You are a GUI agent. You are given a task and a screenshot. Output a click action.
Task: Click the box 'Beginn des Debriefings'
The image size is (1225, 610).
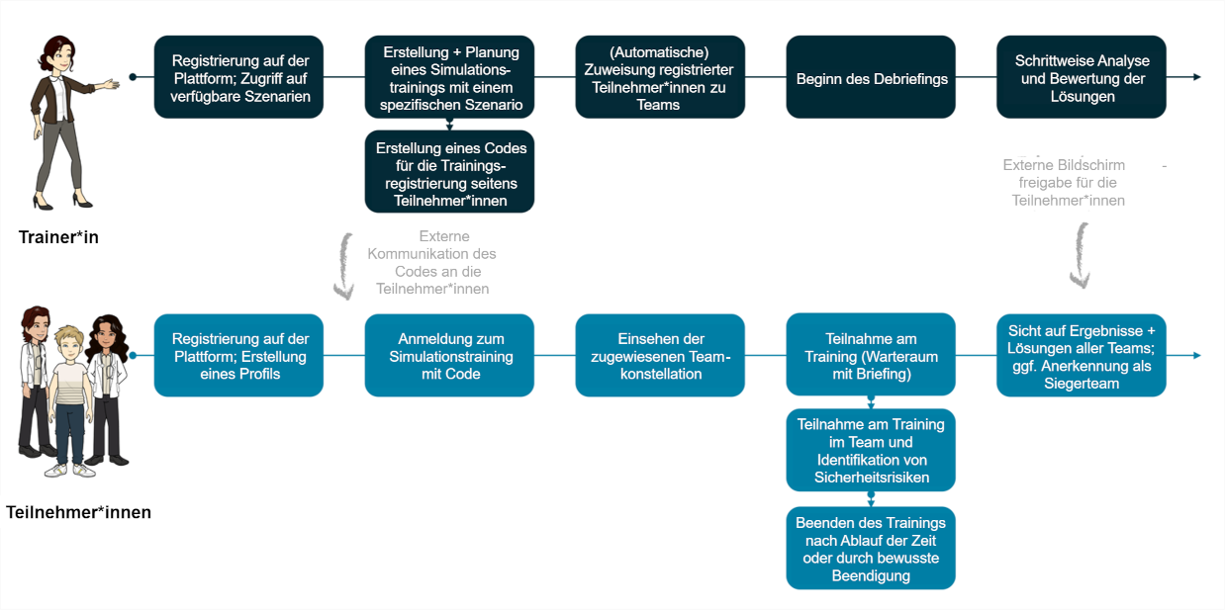[871, 78]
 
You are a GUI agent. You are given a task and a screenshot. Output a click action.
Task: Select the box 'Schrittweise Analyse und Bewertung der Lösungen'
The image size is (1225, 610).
[1081, 78]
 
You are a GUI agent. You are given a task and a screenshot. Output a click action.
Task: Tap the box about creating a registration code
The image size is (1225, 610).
[450, 174]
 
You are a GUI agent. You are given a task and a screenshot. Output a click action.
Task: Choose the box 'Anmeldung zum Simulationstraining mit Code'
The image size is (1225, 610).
[449, 356]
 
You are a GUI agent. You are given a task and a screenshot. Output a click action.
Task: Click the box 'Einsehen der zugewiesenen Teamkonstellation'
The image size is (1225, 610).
[660, 356]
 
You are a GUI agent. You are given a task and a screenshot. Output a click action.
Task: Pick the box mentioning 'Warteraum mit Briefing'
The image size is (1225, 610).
[871, 356]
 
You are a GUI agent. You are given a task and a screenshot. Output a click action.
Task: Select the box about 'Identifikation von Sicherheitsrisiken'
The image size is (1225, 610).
[871, 451]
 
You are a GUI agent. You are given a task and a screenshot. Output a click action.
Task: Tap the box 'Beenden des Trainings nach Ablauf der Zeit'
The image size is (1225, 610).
[871, 549]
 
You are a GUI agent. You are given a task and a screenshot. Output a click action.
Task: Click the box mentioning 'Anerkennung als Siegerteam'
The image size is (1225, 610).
[1081, 356]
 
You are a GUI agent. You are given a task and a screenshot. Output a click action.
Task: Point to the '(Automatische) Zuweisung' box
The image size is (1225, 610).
[660, 78]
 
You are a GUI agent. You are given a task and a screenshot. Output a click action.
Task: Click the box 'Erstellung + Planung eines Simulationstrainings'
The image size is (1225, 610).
[449, 78]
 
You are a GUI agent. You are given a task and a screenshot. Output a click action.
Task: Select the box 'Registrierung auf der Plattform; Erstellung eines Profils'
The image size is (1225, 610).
[238, 356]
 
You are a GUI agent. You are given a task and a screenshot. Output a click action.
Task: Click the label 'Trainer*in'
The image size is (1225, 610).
[58, 237]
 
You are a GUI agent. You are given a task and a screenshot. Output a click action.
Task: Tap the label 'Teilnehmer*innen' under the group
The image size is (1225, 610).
[78, 512]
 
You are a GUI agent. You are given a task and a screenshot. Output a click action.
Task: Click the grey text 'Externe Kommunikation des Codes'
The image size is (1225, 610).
[432, 263]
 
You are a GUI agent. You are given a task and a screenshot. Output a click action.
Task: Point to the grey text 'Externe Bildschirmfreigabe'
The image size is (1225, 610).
[1068, 182]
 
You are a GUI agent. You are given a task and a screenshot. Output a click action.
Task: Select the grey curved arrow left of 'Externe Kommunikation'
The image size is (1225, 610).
[343, 266]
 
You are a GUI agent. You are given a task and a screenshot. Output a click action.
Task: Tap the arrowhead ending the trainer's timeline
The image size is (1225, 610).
[1196, 77]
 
